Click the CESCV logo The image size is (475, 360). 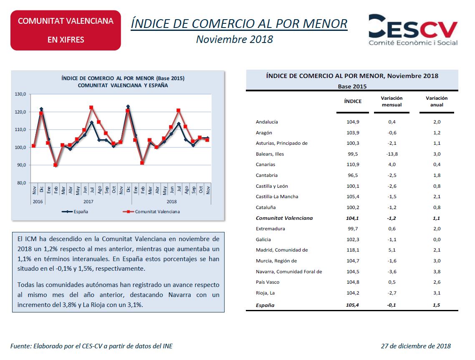coord(413,30)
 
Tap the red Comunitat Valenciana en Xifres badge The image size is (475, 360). coord(66,30)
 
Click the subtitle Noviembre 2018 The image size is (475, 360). coord(235,39)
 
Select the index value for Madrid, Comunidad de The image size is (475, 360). coord(353,250)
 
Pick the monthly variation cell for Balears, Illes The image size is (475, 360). coord(392,154)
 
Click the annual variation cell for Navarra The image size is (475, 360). coord(437,272)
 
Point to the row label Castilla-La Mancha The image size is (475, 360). coord(277,197)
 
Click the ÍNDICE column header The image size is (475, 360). coord(353,101)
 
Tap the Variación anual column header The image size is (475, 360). coord(437,101)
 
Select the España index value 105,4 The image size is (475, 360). coord(352,305)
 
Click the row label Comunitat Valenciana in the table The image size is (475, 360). coord(284,218)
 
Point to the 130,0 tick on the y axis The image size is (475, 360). coord(20,94)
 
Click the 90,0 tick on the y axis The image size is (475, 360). coord(20,165)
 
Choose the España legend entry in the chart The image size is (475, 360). coord(75,211)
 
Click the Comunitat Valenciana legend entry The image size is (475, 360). coord(151,211)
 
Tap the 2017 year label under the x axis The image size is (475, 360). coord(88,201)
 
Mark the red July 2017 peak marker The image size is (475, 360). coord(91,108)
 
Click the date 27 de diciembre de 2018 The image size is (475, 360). coord(416,346)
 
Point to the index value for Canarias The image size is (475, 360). coord(353,165)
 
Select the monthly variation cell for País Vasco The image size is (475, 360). coord(392,282)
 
